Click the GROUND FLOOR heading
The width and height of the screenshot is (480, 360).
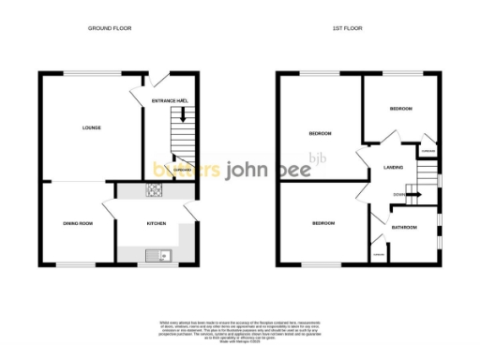[x=109, y=29]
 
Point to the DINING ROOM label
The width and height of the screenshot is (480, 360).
[x=78, y=223]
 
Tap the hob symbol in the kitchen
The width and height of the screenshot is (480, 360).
[x=153, y=191]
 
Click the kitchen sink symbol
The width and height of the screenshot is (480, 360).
[x=156, y=254]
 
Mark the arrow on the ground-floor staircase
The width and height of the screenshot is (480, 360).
[x=182, y=115]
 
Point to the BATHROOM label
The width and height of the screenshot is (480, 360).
[x=404, y=227]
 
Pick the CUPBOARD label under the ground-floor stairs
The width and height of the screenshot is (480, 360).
[x=182, y=169]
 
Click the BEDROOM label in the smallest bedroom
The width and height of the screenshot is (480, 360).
[x=401, y=110]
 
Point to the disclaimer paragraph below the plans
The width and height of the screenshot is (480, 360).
[x=239, y=330]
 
